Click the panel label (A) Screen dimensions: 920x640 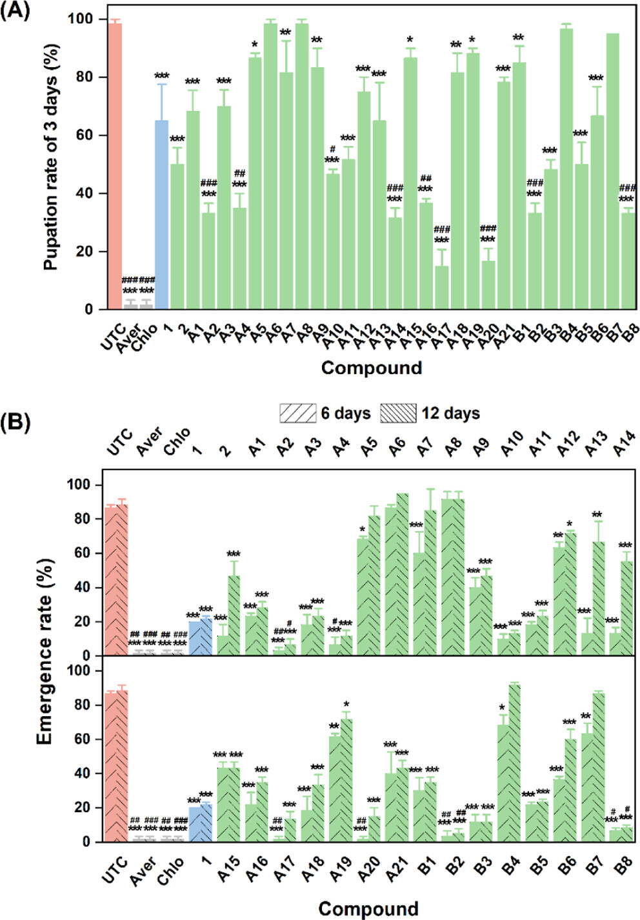(15, 11)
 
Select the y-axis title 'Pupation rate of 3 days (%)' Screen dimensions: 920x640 (52, 157)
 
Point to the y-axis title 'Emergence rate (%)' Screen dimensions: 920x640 (44, 652)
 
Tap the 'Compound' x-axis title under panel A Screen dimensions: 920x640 (372, 368)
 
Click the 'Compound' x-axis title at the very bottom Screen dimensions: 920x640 (368, 909)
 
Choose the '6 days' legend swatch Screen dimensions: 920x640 (297, 413)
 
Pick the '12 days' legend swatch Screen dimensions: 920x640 (398, 413)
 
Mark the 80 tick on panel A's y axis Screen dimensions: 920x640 (85, 77)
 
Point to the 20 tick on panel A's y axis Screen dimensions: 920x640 (85, 251)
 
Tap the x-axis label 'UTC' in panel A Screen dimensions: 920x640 (113, 337)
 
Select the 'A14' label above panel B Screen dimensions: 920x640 (625, 445)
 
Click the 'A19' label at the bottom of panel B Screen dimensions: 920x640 (340, 868)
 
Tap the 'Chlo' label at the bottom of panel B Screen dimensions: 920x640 (170, 870)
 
